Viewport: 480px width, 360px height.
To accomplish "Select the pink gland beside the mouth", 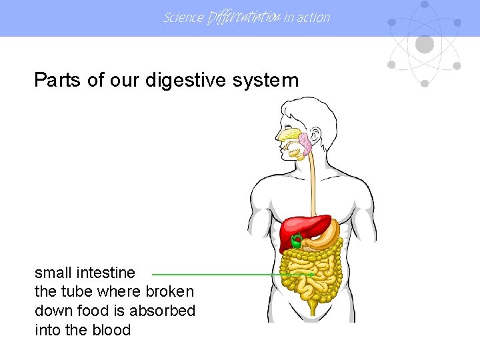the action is [x=306, y=144].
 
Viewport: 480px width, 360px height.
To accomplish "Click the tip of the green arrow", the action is [x=313, y=273].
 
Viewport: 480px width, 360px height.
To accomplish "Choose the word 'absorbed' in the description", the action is [x=163, y=311].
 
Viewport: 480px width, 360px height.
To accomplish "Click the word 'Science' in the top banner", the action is [x=183, y=17].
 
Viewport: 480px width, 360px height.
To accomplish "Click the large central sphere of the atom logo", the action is [x=424, y=44].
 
